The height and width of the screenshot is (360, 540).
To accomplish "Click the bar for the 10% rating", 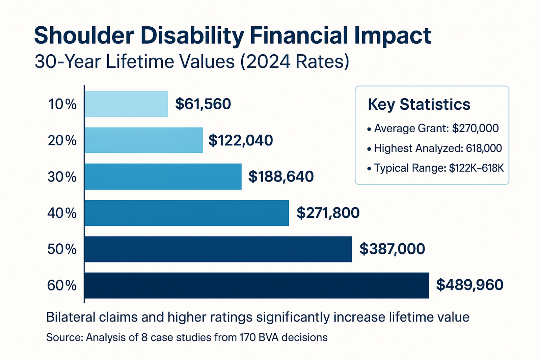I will (x=126, y=104).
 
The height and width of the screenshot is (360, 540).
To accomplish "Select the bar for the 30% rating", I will (x=163, y=176).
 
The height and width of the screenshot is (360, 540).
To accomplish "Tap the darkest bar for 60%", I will (x=256, y=285).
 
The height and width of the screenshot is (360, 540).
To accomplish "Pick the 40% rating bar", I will (x=187, y=213).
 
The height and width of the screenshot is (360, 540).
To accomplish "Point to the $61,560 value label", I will (x=203, y=104).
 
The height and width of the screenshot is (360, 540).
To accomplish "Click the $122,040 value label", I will (x=241, y=140).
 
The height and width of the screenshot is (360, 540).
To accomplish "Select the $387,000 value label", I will (x=392, y=249).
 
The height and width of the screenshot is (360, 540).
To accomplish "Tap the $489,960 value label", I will (x=469, y=285).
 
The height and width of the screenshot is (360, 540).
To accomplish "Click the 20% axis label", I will (x=62, y=140).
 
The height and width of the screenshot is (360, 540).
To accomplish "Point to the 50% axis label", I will (x=62, y=249).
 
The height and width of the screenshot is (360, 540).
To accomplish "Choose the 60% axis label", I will (x=62, y=286).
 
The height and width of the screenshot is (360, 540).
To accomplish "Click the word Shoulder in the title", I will (x=84, y=36).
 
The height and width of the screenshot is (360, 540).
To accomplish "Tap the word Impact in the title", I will (x=393, y=36).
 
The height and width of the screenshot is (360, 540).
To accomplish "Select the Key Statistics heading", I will (x=419, y=104).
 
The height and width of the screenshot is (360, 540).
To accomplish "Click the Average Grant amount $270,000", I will (x=475, y=129).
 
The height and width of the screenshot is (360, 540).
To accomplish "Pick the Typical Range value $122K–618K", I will (x=476, y=168).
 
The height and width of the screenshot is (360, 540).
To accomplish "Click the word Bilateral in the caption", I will (x=71, y=317).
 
